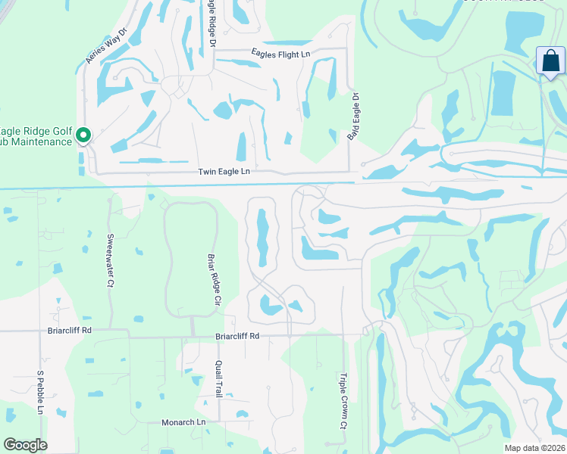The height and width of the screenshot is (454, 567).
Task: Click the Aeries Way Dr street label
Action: tap(103, 48)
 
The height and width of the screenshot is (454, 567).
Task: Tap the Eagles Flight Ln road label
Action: tap(281, 54)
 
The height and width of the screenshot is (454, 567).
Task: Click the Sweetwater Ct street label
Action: tap(110, 260)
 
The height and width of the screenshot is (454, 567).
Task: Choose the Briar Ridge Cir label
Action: tap(214, 279)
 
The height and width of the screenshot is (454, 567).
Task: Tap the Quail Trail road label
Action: tap(218, 378)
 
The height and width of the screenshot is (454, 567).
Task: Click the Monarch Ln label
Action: tap(183, 422)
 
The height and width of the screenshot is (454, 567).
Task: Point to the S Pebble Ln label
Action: tap(40, 393)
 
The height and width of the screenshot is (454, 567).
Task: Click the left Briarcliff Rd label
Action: tap(67, 331)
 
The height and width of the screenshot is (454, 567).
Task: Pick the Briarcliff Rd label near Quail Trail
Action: tap(237, 335)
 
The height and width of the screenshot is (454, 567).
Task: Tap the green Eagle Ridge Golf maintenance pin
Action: tap(84, 135)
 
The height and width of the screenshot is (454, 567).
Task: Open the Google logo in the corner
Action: tap(26, 445)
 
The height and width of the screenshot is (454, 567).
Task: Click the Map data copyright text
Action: tap(534, 448)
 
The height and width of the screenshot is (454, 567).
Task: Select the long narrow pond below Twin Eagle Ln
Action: tap(262, 238)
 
